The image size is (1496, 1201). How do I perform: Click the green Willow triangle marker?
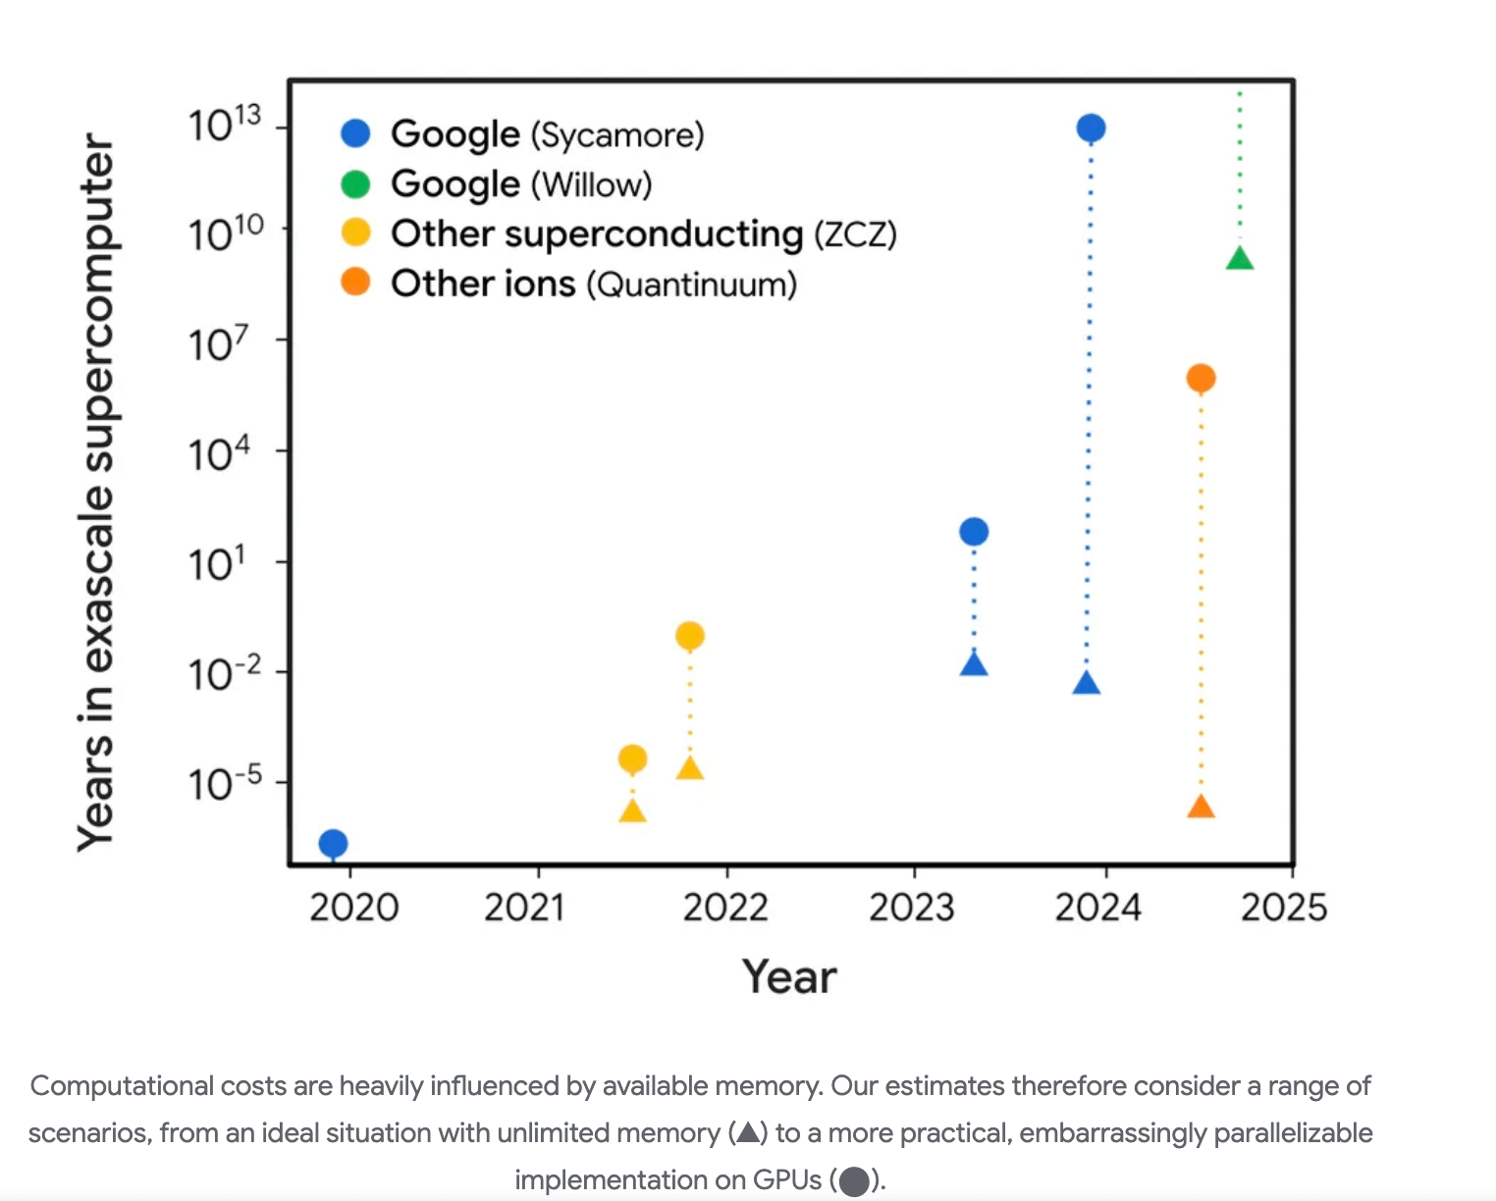click(x=1240, y=259)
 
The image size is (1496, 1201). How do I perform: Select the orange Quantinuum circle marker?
click(x=1201, y=378)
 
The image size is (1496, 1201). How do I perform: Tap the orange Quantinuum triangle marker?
click(x=1201, y=808)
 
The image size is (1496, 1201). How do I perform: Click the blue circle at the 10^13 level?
click(x=1091, y=128)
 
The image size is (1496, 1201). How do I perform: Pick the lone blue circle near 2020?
click(x=333, y=843)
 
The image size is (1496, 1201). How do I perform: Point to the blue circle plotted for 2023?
click(x=974, y=532)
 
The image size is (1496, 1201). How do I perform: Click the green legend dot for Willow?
click(x=355, y=183)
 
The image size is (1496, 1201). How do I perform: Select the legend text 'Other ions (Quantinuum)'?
click(x=594, y=284)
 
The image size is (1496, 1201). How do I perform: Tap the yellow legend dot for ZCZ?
click(x=355, y=234)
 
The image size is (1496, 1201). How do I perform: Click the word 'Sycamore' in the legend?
click(x=617, y=134)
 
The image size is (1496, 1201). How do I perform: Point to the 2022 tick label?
click(x=725, y=908)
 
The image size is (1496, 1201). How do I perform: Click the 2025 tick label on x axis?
click(x=1283, y=908)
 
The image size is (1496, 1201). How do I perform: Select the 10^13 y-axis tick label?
click(x=225, y=124)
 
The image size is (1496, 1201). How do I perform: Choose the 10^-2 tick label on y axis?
click(x=225, y=673)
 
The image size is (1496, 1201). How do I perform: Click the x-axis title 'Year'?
click(x=789, y=977)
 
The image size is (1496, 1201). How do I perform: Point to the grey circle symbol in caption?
click(x=854, y=1181)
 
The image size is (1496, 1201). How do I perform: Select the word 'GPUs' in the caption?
click(x=787, y=1179)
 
